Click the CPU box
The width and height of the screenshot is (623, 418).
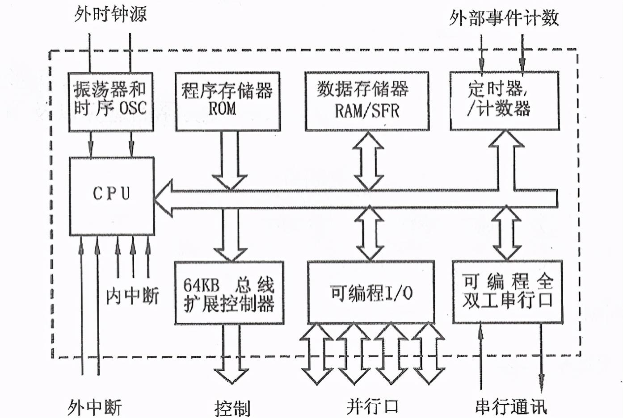click(112, 196)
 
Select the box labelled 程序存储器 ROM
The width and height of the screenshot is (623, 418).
click(228, 101)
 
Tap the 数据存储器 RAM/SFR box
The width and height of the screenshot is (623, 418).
click(367, 101)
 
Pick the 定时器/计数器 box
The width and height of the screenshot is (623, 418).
click(505, 101)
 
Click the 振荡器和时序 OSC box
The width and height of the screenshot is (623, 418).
click(111, 102)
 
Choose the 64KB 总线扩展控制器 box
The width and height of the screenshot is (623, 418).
click(229, 293)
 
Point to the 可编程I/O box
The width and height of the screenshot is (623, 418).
click(371, 293)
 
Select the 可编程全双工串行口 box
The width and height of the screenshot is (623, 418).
click(508, 292)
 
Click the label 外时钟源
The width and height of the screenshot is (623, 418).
click(110, 14)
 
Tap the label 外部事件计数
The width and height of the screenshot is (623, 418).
click(504, 18)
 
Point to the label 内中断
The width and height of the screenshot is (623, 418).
click(132, 296)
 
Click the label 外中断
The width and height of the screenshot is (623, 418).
click(95, 408)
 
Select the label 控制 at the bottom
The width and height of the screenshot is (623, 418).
click(232, 409)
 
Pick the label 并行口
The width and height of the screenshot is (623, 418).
click(372, 406)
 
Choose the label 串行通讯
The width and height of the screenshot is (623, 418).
click(511, 406)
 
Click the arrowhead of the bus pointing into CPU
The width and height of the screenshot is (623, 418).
click(163, 198)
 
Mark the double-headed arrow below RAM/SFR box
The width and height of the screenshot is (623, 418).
click(368, 161)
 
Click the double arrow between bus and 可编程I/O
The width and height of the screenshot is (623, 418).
click(370, 234)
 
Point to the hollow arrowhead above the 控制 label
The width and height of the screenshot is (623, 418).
click(232, 376)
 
